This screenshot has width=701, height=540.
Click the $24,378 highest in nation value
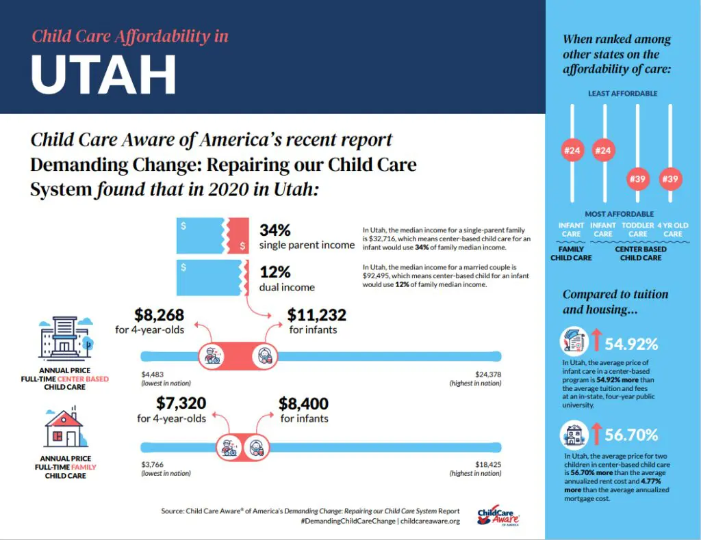point(488,374)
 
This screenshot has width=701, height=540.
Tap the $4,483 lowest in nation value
point(154,374)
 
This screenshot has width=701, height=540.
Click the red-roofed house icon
point(64,429)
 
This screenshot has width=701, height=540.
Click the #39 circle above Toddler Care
point(638,180)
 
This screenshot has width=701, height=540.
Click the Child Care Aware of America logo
point(498,516)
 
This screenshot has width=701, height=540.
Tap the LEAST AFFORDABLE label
point(622,93)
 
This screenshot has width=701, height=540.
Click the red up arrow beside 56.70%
point(596,435)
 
